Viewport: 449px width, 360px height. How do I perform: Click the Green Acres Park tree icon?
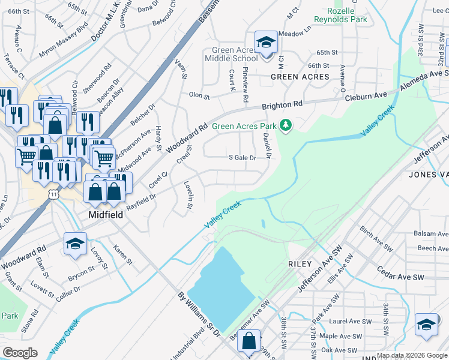(x=287, y=125)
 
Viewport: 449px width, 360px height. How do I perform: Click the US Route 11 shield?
(x=54, y=195)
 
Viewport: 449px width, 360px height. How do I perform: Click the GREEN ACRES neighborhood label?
(x=300, y=77)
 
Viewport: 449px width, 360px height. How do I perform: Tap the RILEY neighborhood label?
(x=300, y=264)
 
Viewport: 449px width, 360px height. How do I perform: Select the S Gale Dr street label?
(x=243, y=158)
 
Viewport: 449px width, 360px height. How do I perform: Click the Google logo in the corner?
(x=20, y=353)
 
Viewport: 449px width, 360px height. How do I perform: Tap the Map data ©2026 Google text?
(x=412, y=355)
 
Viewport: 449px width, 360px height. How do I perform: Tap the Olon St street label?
(x=199, y=95)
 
